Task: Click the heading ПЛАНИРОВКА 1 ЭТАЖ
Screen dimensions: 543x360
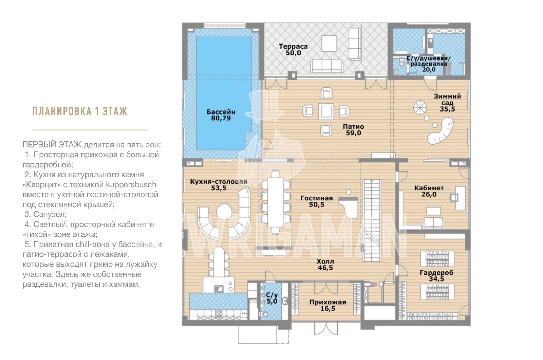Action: (x=80, y=111)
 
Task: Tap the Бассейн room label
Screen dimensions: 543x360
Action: (x=221, y=112)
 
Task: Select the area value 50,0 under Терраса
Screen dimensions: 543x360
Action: (x=293, y=53)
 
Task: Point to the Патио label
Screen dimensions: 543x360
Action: (x=353, y=126)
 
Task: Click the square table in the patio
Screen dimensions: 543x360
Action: (x=326, y=112)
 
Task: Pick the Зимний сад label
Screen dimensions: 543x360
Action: (x=447, y=100)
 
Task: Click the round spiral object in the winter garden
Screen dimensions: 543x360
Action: (x=420, y=108)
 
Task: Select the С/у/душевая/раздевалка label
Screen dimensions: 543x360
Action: (x=429, y=61)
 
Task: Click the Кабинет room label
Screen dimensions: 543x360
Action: (x=429, y=188)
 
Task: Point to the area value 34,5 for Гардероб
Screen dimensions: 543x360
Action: (x=436, y=279)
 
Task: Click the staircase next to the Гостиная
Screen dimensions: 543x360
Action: (x=372, y=220)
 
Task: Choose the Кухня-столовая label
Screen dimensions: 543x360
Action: (x=219, y=182)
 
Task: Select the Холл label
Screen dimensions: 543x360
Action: (x=325, y=262)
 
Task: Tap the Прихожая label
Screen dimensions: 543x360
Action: (x=328, y=302)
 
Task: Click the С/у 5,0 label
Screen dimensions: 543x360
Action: (x=272, y=298)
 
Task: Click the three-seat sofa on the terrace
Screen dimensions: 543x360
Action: (x=326, y=66)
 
